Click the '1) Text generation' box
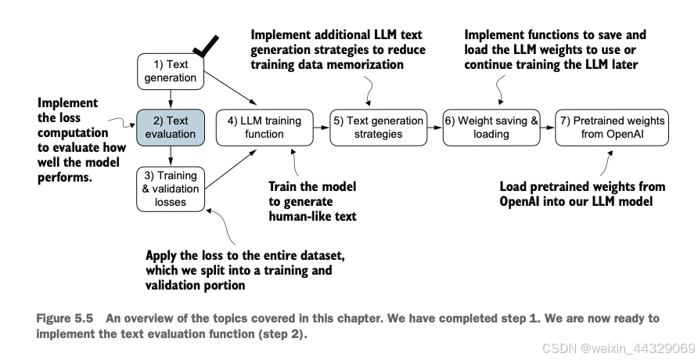(171, 71)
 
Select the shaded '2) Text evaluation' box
(171, 128)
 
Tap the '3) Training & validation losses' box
(171, 189)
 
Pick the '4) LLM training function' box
(264, 128)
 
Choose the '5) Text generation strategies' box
(379, 128)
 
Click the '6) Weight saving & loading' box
(491, 128)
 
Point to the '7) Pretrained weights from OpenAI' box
(612, 128)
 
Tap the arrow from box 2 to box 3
(171, 157)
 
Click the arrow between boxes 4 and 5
(322, 128)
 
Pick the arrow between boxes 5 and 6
(435, 128)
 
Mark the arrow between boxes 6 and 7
(548, 128)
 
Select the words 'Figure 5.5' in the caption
(64, 319)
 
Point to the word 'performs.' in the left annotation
(64, 178)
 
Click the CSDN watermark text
(619, 348)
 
